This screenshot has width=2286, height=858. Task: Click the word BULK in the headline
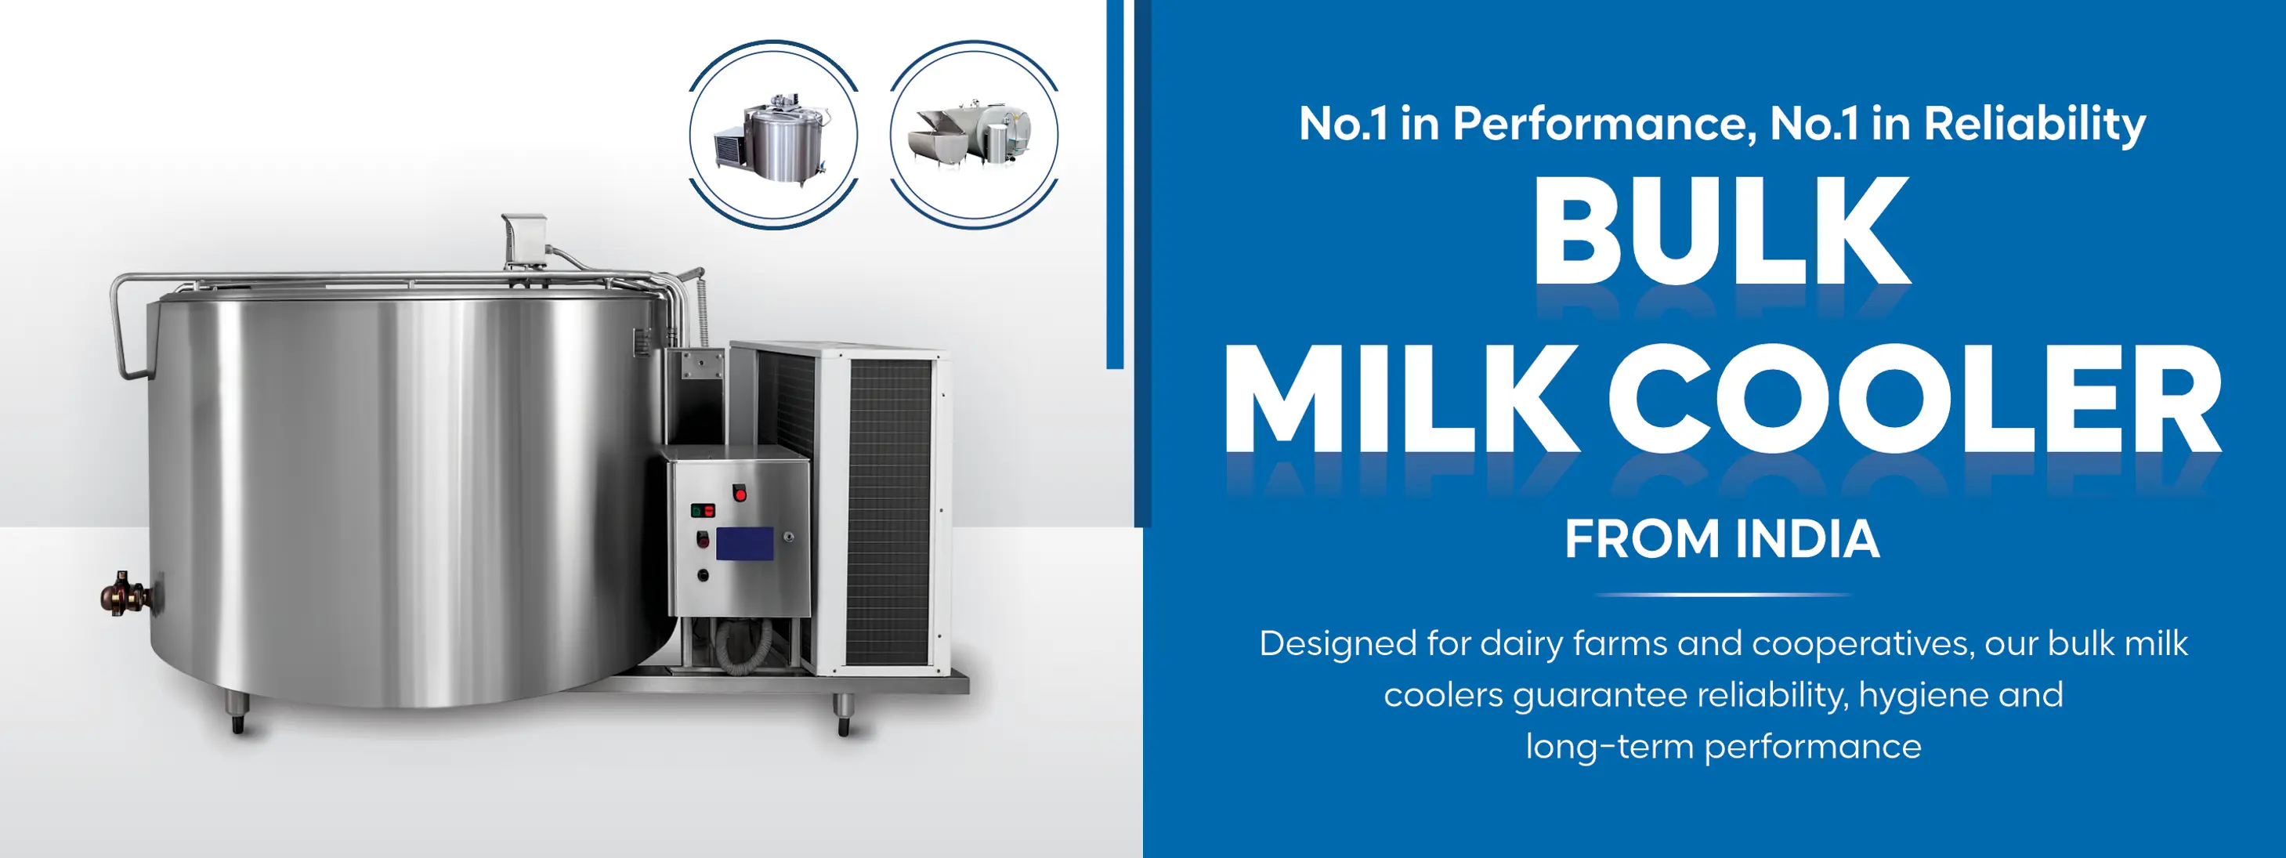pos(1722,230)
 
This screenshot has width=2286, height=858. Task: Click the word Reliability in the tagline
pos(2034,125)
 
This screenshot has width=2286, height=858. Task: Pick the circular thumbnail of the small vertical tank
pos(774,135)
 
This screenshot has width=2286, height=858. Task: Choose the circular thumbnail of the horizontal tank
pos(974,135)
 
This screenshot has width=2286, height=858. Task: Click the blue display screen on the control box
pos(743,544)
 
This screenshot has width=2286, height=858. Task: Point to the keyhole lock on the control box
pos(787,537)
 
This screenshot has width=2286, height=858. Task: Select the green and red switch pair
pos(703,510)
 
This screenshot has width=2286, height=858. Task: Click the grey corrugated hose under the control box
pos(742,643)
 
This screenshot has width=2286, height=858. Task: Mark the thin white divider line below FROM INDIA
pos(1723,595)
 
